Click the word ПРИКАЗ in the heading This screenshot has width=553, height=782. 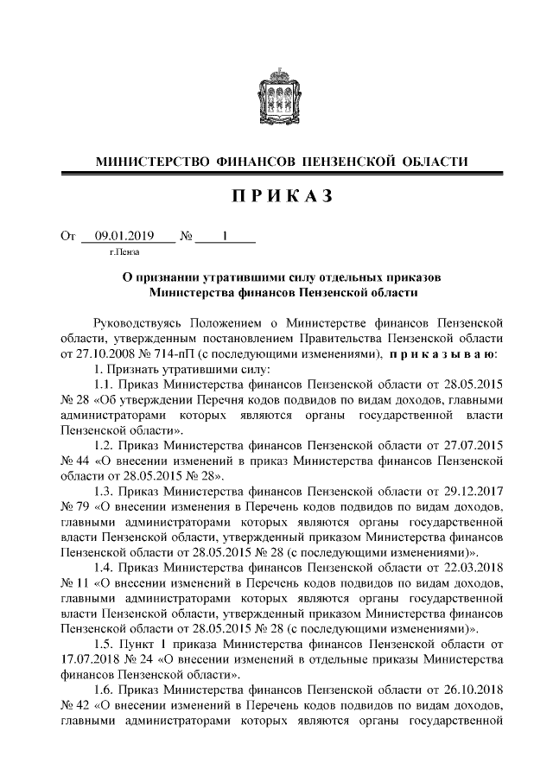coord(276,198)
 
